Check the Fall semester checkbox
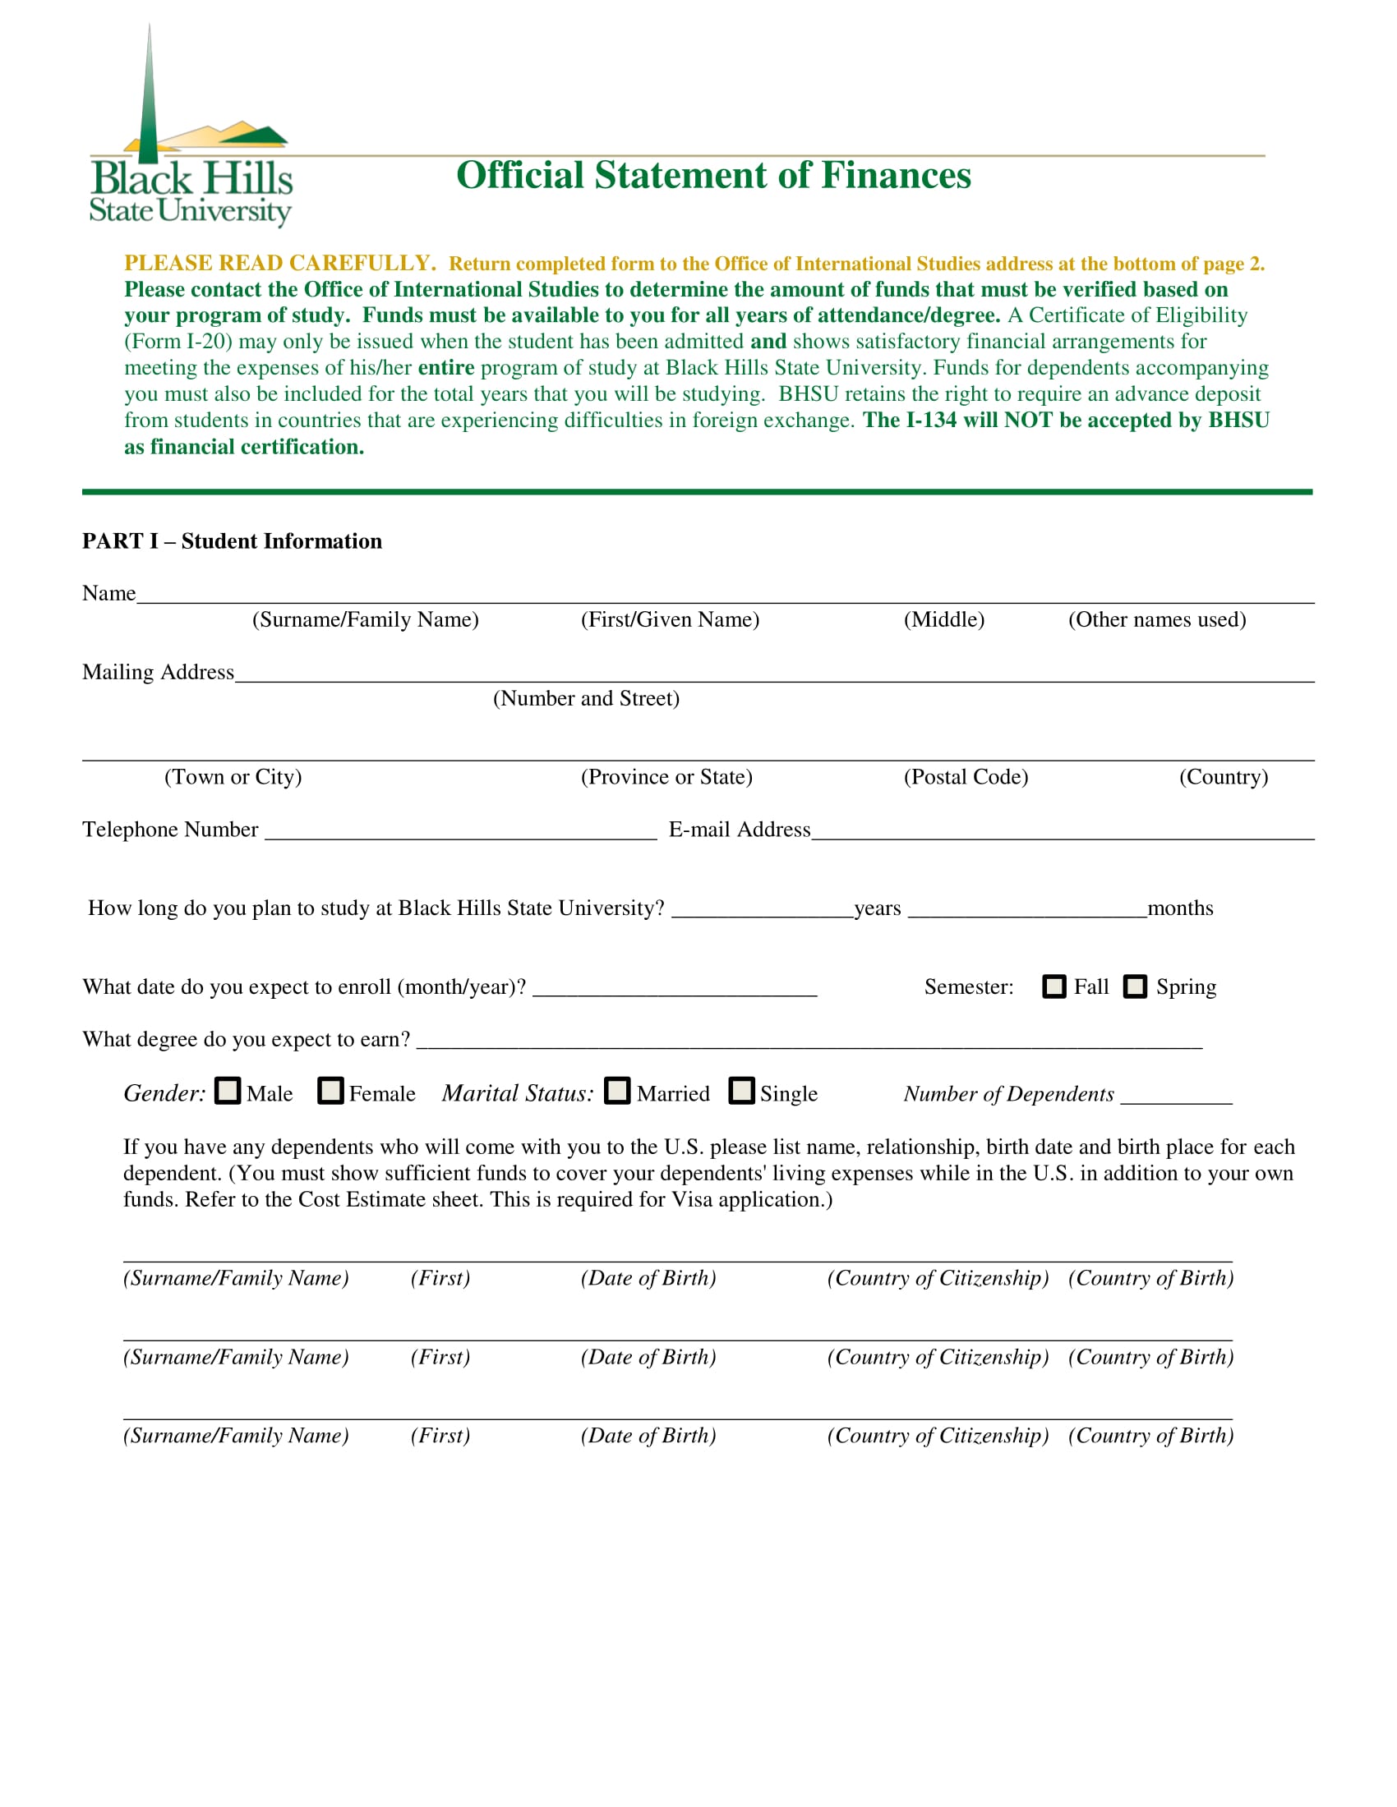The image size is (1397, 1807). (x=1054, y=986)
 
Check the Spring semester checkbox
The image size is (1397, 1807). (x=1135, y=986)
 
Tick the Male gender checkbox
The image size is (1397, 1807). (x=228, y=1091)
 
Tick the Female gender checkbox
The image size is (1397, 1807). (x=330, y=1091)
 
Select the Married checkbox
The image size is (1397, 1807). (x=617, y=1091)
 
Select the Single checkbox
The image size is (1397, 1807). (x=741, y=1091)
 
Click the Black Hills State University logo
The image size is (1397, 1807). (x=191, y=132)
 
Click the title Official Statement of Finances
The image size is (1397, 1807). (x=713, y=176)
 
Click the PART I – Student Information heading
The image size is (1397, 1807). (x=232, y=541)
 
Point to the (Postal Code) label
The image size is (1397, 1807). (x=966, y=777)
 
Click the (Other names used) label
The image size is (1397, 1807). (x=1157, y=619)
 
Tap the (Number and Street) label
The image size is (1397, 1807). (x=586, y=698)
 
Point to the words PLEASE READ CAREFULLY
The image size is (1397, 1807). (x=279, y=263)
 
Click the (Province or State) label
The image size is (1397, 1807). (x=666, y=777)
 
